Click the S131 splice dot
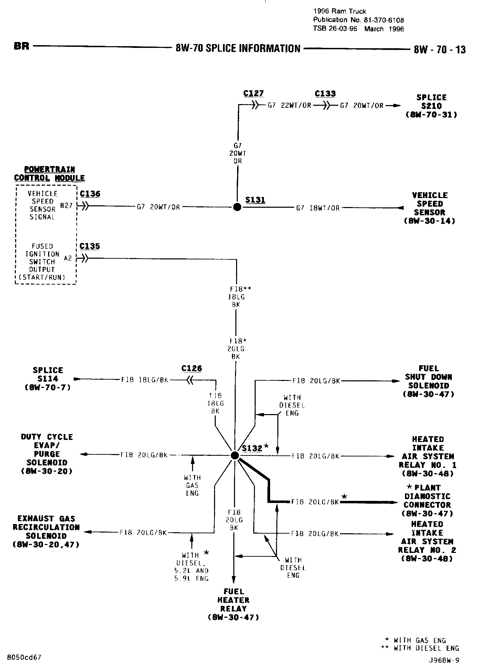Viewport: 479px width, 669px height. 237,207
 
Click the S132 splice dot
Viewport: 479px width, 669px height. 235,455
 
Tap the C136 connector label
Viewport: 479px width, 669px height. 90,194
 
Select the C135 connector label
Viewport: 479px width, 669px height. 89,246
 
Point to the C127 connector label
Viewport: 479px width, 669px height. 253,93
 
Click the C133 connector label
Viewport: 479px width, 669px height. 325,94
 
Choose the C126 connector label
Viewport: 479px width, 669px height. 192,369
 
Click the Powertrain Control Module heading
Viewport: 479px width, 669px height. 49,174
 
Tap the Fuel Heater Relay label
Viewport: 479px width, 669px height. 234,604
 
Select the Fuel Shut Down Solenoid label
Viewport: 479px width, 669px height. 428,381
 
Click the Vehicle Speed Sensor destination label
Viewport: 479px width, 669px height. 430,208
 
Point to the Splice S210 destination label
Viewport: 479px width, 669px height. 432,106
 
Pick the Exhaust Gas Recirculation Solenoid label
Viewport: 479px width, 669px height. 46,532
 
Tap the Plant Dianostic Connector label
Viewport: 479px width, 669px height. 427,501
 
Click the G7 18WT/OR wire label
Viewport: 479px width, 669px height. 318,208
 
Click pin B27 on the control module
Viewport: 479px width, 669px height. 66,206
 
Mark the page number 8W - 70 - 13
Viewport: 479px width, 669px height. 439,50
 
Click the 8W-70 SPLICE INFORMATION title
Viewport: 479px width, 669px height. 238,49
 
